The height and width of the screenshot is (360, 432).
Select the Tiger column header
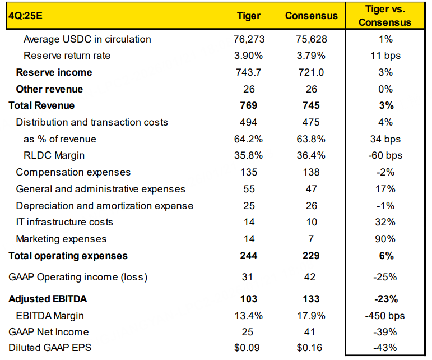(249, 16)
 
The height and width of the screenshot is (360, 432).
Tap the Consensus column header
(312, 16)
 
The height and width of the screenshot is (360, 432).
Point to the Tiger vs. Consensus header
(385, 16)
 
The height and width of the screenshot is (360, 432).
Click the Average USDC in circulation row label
(87, 39)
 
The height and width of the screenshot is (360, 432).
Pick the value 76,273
(249, 39)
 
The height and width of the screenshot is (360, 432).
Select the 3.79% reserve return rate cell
(312, 56)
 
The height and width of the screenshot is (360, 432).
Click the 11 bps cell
(385, 56)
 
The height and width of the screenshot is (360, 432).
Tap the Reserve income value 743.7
(249, 72)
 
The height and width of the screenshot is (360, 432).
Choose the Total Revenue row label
(41, 105)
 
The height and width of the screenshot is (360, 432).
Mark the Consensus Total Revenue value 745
(312, 105)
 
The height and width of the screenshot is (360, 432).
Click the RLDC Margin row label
(55, 155)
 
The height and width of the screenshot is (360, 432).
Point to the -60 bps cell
(385, 155)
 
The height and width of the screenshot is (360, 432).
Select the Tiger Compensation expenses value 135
(249, 172)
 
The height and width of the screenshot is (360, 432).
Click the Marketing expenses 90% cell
(385, 239)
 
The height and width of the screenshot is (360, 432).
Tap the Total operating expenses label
(68, 256)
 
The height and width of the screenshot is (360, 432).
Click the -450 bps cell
(385, 316)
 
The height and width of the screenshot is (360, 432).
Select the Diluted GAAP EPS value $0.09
(249, 348)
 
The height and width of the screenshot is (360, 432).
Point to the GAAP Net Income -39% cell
(385, 332)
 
